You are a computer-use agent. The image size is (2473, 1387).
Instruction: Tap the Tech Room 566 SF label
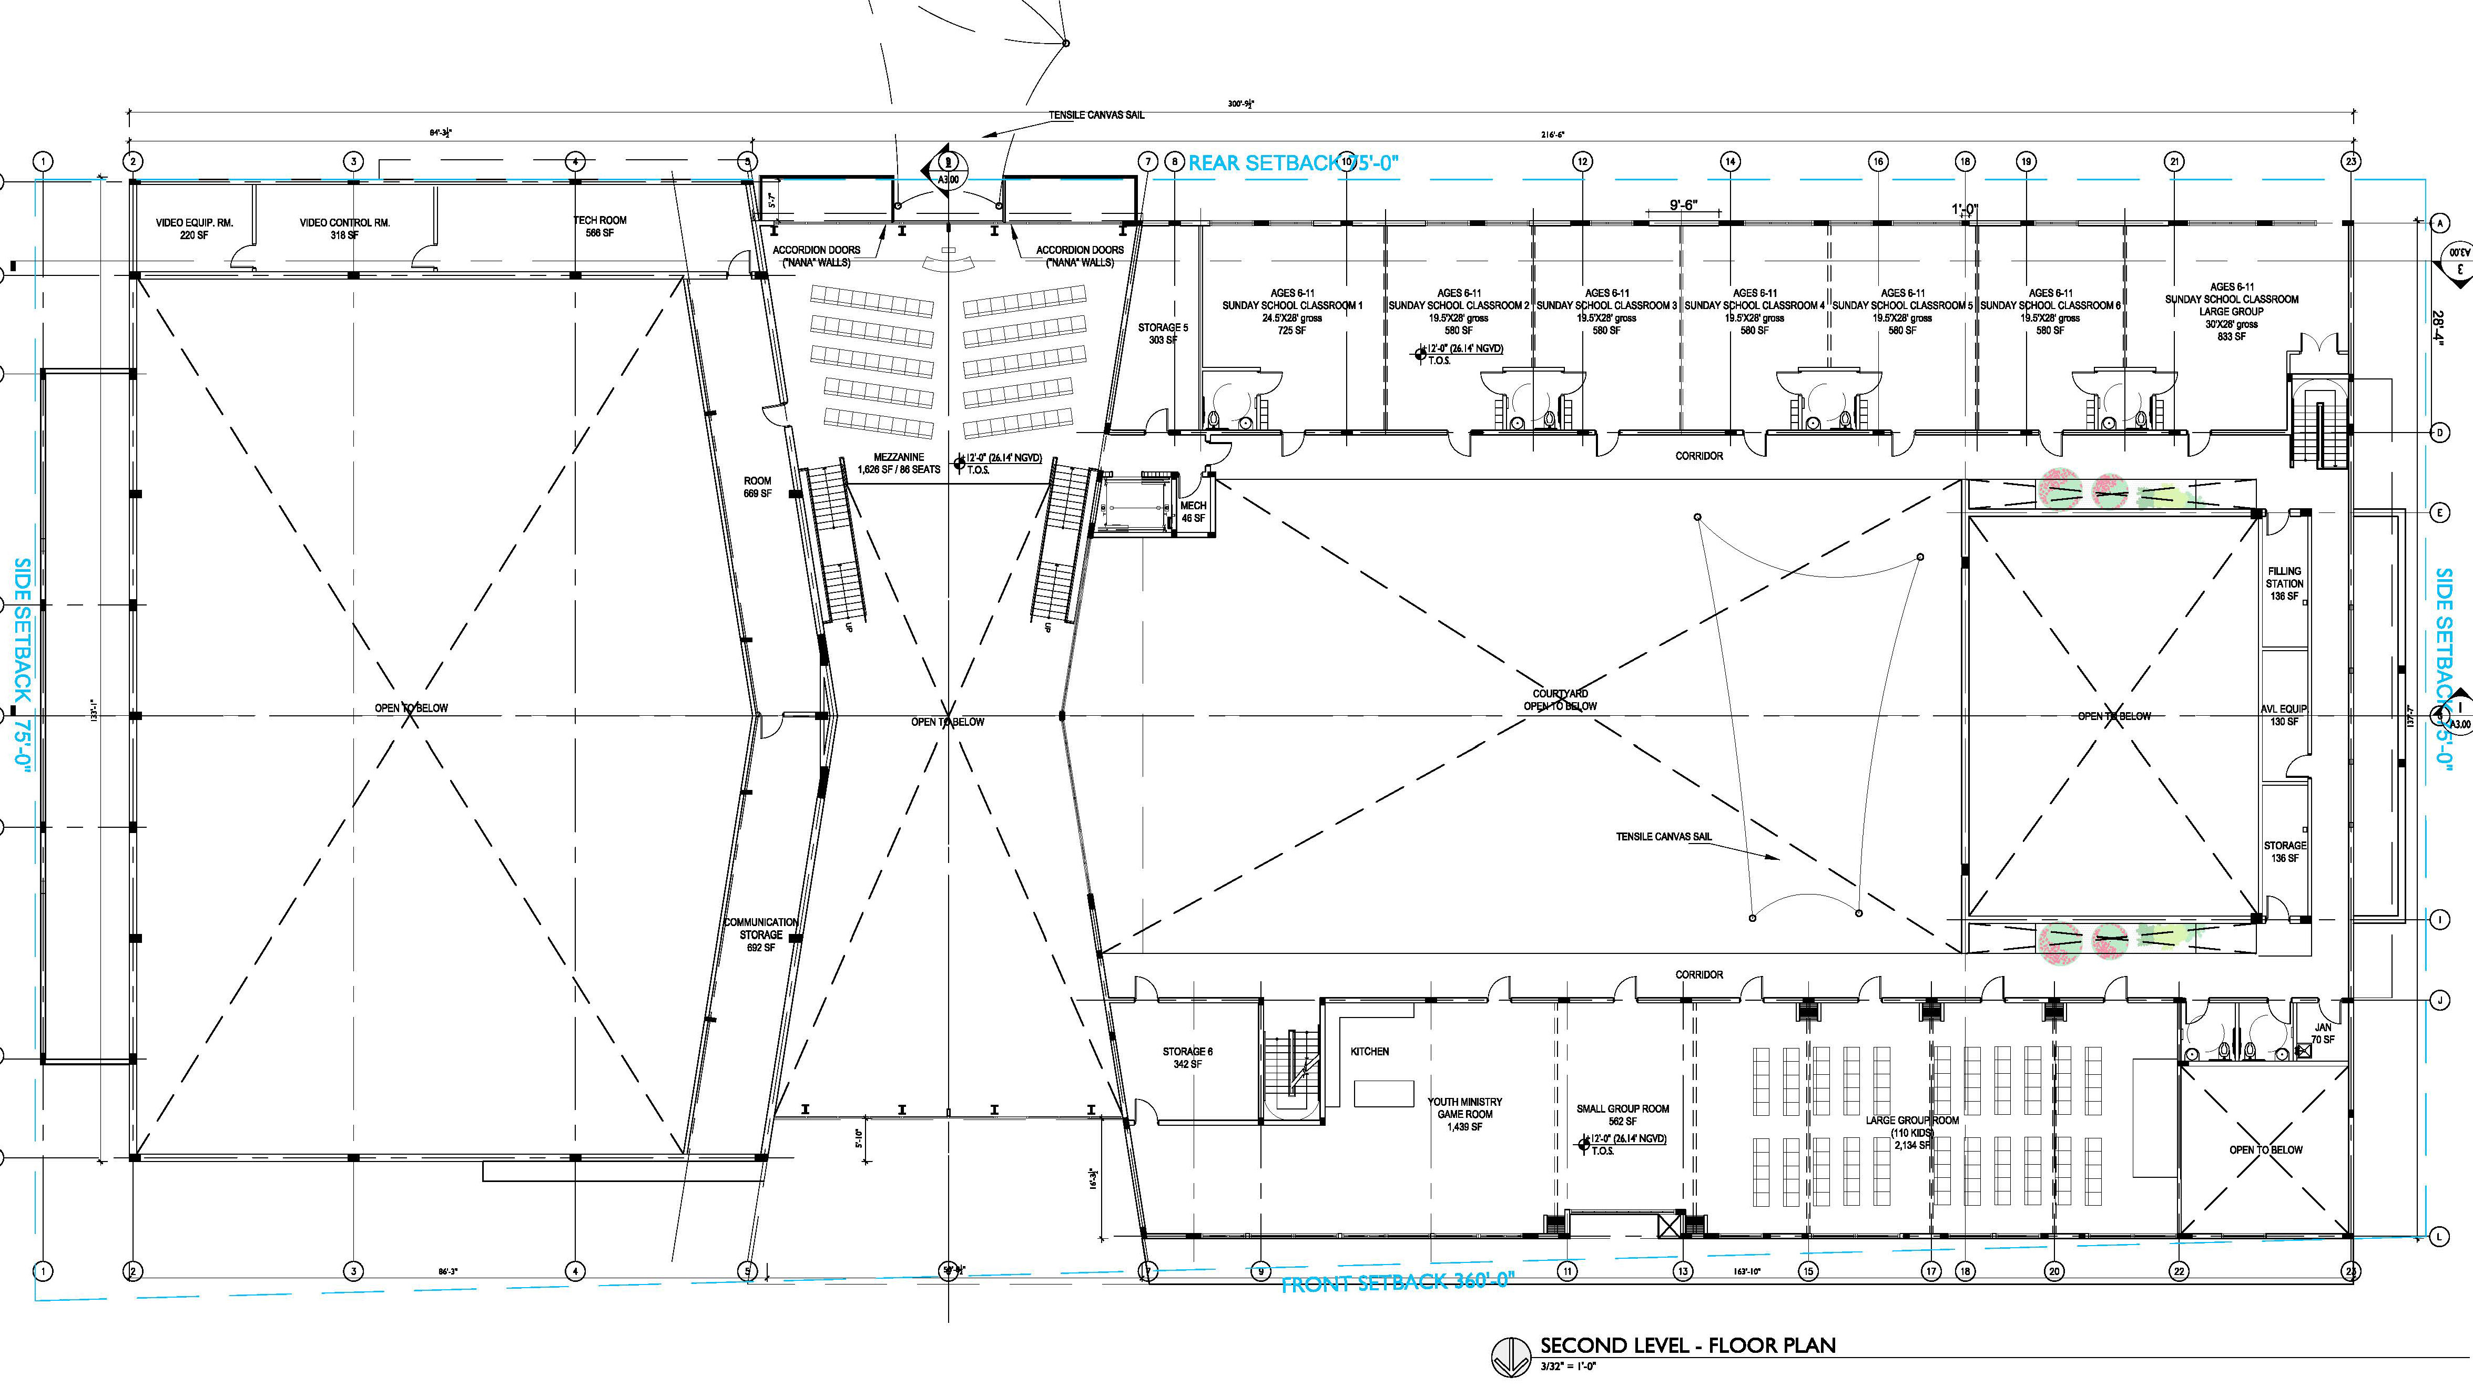coord(600,227)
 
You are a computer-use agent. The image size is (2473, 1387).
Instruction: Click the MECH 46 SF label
coord(1193,511)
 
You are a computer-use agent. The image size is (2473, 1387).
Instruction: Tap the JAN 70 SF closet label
coord(2322,1033)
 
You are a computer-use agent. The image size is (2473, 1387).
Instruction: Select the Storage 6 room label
coord(1187,1057)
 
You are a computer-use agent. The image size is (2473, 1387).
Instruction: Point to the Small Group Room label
coord(1622,1114)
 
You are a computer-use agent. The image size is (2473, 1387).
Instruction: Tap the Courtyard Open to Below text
coord(1560,700)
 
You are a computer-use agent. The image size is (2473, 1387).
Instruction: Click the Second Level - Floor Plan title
coord(1687,1345)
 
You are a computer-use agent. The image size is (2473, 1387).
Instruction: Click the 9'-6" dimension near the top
coord(1683,204)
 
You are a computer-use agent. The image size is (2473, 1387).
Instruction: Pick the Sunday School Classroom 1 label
coord(1291,311)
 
